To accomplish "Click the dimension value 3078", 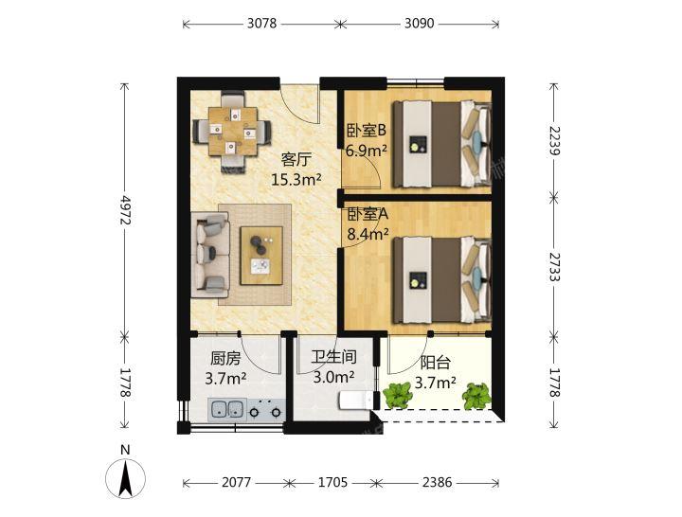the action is (x=261, y=23).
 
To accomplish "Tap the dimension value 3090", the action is (x=420, y=23).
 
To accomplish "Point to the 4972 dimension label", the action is (x=125, y=209).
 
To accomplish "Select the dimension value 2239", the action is (x=554, y=140).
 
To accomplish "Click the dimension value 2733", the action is (x=554, y=266).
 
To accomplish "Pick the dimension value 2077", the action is (x=236, y=482).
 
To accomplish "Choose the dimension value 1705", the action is (x=332, y=482).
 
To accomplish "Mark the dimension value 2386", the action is (x=437, y=482).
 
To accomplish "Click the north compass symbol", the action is (x=125, y=477).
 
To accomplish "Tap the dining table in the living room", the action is (x=232, y=132).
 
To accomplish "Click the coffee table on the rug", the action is (x=261, y=256).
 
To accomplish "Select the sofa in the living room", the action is (x=210, y=255).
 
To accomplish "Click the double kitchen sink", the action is (x=227, y=410).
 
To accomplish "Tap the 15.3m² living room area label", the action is (x=296, y=179).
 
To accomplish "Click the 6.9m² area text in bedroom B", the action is (x=367, y=151).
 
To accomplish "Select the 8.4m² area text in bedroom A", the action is (x=368, y=235).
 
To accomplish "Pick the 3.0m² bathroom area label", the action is (x=333, y=377).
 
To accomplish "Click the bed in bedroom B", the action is (x=442, y=144).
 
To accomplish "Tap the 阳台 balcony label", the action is (x=435, y=363).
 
